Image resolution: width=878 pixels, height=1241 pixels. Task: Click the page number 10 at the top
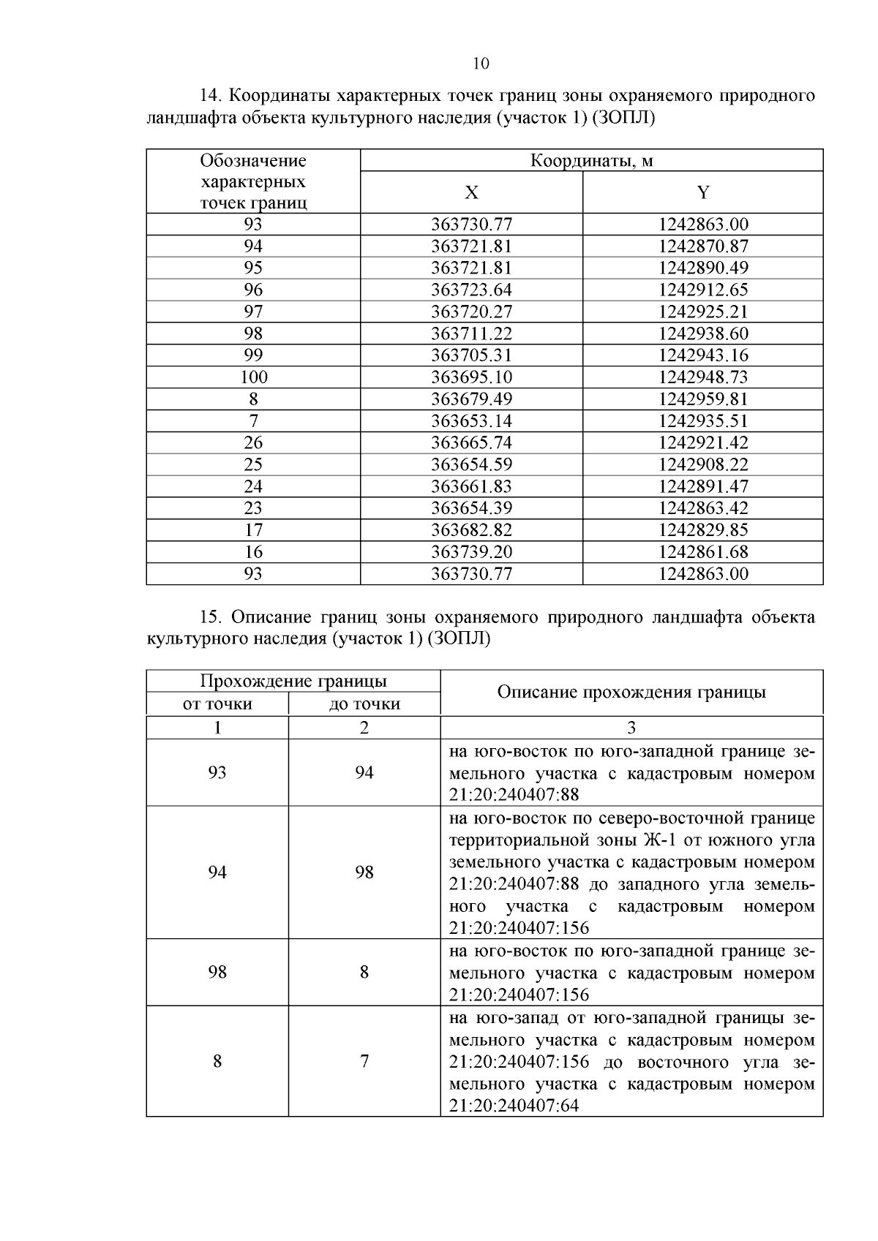481,64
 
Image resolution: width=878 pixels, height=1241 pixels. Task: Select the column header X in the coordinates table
472,192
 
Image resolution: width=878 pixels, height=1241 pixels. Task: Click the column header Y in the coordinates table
702,192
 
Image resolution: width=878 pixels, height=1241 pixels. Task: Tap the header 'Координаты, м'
591,161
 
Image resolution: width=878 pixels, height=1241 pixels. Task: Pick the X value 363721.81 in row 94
472,246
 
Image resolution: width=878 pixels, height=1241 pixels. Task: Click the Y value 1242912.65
703,290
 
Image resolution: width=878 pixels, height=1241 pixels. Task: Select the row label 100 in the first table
254,377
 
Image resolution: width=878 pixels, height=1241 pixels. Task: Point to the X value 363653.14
472,421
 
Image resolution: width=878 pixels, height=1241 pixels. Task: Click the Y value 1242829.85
703,530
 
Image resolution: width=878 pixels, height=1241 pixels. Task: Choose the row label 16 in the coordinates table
254,552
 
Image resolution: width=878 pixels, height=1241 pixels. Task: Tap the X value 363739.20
472,552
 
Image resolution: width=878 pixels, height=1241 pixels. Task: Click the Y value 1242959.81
703,399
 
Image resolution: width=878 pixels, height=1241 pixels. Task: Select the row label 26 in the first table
254,443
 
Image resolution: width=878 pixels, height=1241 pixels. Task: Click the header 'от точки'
217,704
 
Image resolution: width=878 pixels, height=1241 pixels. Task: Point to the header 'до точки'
364,704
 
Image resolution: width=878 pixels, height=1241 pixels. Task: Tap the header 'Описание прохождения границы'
631,692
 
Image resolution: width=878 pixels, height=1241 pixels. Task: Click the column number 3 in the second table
631,728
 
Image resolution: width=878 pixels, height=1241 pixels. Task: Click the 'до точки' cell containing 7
364,1061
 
